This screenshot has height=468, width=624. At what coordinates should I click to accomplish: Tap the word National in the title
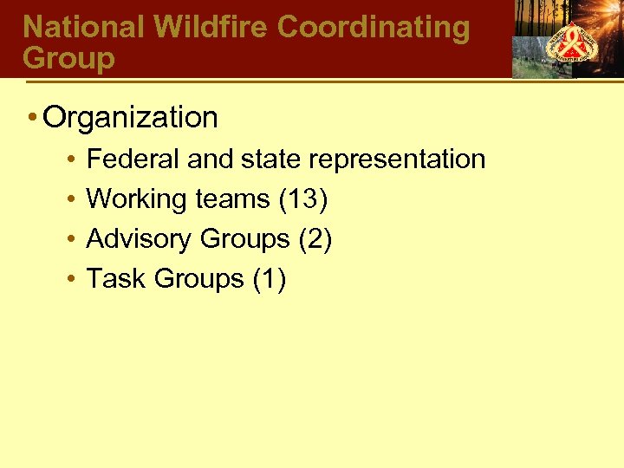(x=84, y=27)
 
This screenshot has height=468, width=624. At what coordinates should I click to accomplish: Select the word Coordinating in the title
(x=374, y=27)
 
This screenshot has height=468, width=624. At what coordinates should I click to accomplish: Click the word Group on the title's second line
(x=68, y=58)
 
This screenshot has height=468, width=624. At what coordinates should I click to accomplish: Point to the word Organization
(x=131, y=117)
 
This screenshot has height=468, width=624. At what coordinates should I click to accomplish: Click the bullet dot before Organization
(x=31, y=117)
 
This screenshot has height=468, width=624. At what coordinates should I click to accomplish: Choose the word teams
(x=231, y=199)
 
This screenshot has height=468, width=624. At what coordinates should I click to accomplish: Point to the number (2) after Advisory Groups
(x=315, y=239)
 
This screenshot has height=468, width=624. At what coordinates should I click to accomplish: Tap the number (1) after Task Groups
(x=269, y=279)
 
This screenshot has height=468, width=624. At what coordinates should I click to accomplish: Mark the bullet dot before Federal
(x=68, y=160)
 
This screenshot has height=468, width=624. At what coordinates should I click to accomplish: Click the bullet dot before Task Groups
(x=68, y=280)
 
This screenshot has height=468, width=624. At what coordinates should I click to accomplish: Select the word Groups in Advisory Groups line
(x=245, y=239)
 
